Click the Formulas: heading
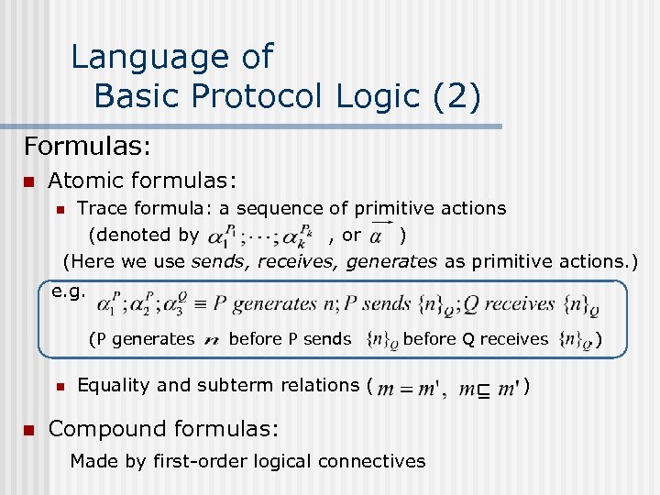[87, 146]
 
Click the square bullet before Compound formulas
[28, 428]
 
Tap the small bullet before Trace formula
[59, 209]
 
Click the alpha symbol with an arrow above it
[377, 236]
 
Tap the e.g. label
[69, 292]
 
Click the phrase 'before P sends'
[290, 339]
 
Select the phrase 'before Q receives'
[475, 339]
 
